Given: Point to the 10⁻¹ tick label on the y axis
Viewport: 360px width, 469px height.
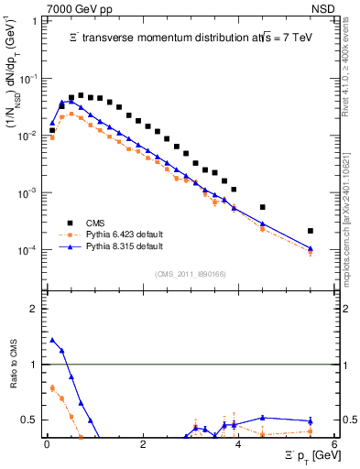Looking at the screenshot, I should [28, 79].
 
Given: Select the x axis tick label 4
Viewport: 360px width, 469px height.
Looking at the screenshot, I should [238, 444].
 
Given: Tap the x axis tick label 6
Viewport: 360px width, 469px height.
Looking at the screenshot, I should [334, 444].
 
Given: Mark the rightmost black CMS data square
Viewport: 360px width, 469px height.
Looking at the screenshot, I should [311, 231].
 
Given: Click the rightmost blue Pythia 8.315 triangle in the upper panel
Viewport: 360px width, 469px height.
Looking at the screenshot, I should [311, 248].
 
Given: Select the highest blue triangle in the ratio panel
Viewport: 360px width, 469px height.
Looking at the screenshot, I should [52, 340].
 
